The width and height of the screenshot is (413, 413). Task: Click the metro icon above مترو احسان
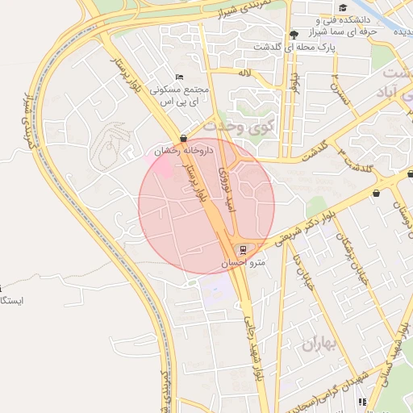[x=244, y=249]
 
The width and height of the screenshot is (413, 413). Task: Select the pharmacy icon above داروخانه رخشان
[x=184, y=138]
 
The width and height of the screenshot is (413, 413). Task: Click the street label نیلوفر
[x=295, y=82]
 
